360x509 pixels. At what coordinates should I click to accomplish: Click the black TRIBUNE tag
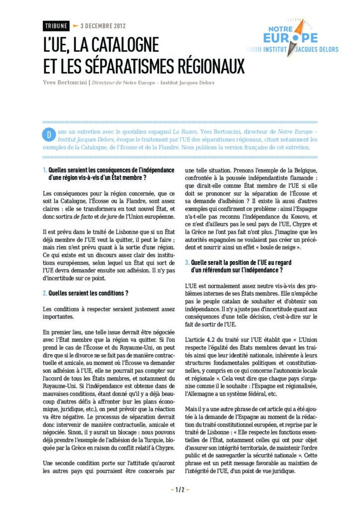55,26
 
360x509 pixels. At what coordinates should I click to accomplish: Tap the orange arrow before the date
76,26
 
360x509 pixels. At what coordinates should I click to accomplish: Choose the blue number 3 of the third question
186,262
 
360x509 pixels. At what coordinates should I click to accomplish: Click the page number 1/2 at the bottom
180,490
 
